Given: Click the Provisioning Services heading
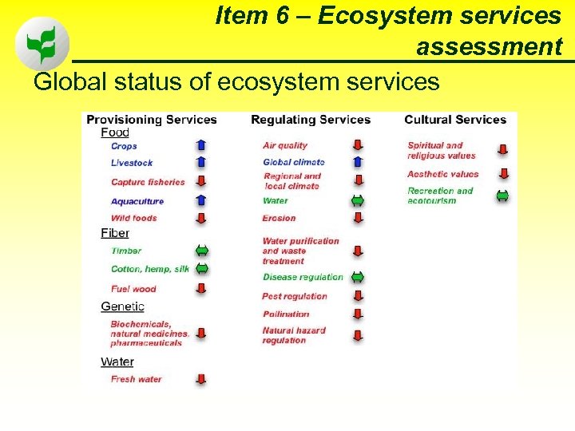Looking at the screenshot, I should pyautogui.click(x=152, y=120).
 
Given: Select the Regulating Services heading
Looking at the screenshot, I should pyautogui.click(x=311, y=120).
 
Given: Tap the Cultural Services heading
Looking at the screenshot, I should pyautogui.click(x=455, y=120).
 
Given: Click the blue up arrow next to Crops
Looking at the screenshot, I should pyautogui.click(x=201, y=145).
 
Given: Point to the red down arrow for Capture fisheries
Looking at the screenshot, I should pyautogui.click(x=201, y=182).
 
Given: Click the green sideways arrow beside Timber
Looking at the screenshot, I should pyautogui.click(x=201, y=251).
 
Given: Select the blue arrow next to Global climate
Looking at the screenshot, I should pyautogui.click(x=358, y=162).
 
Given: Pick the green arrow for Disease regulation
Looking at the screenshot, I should pyautogui.click(x=358, y=277).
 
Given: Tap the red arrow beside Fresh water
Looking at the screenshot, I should pyautogui.click(x=201, y=379).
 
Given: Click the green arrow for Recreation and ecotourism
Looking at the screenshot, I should pyautogui.click(x=502, y=196).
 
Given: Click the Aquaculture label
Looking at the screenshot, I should pyautogui.click(x=137, y=201).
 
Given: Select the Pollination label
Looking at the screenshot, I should pyautogui.click(x=286, y=314).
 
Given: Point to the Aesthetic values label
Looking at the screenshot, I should pyautogui.click(x=443, y=174).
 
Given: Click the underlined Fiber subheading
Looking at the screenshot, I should pyautogui.click(x=115, y=233).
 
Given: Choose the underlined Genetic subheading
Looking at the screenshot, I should pyautogui.click(x=122, y=306).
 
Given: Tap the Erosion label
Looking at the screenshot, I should pyautogui.click(x=279, y=218).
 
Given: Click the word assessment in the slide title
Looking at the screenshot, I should pyautogui.click(x=489, y=47).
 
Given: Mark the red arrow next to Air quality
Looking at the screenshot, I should pyautogui.click(x=358, y=145).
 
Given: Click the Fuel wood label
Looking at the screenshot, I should pyautogui.click(x=133, y=289).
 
